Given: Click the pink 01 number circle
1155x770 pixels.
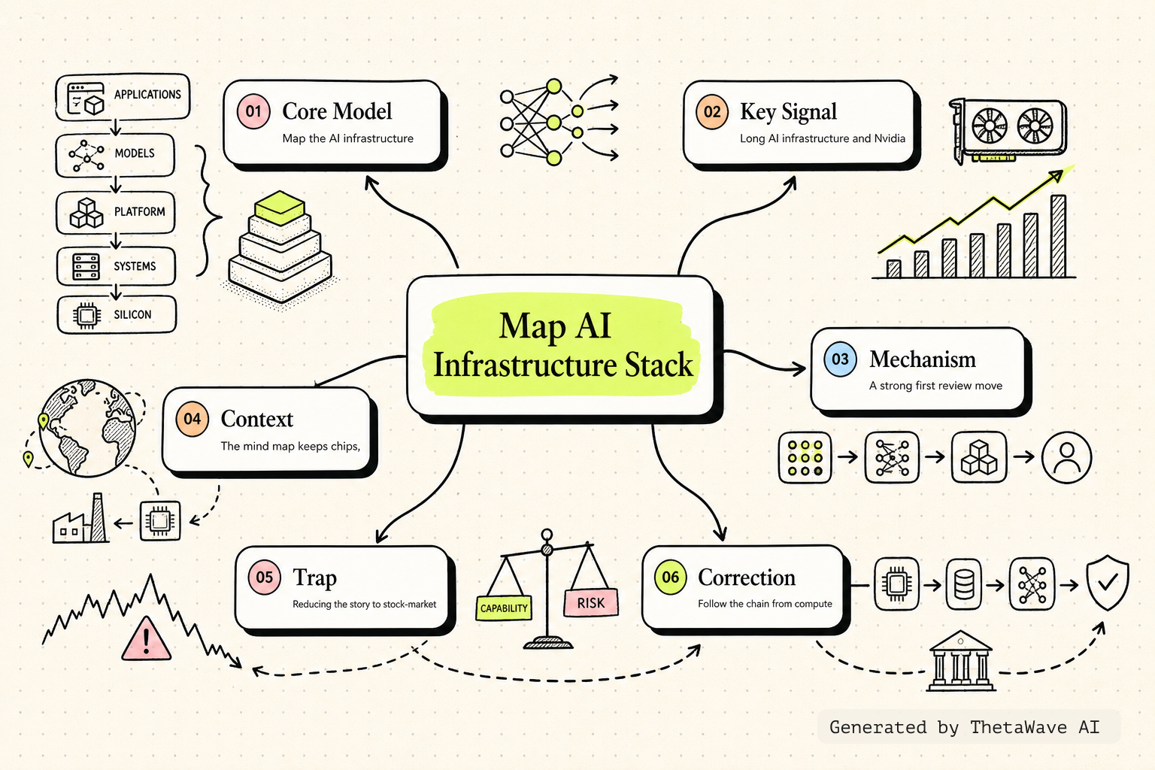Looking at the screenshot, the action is point(253,111).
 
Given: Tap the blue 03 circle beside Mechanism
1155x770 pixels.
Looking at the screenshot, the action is point(840,359).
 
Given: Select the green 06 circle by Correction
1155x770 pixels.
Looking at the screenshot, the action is point(670,577).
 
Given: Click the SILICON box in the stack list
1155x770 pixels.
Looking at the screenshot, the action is point(117,314).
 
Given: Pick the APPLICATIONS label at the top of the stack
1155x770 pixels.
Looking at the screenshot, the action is point(147,95).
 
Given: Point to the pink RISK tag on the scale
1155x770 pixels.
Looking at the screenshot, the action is point(591,603).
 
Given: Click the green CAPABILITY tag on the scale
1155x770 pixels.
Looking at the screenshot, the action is point(504,608).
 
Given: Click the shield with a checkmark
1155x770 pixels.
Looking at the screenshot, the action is point(1108,584).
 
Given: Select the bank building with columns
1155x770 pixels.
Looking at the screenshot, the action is point(960,661).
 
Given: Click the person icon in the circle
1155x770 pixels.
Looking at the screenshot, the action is point(1066,457).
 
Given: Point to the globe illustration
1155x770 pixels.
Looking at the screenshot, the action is point(88,428).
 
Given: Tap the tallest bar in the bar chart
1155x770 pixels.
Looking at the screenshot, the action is point(1058,236).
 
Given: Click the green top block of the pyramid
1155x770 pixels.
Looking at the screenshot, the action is point(280,208).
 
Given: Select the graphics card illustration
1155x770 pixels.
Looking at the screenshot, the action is point(1008,131).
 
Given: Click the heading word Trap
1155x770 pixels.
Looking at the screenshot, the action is point(314,578).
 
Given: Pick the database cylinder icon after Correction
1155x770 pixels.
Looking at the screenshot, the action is point(964,584).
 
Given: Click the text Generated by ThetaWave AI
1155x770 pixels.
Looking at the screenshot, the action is point(964,727).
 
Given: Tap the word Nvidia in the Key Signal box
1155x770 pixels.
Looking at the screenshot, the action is point(890,138).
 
